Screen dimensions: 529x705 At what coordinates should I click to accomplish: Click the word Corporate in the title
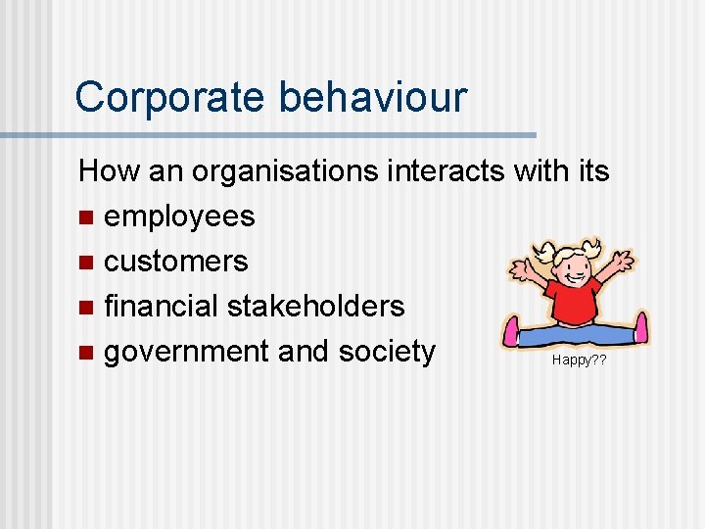pos(170,97)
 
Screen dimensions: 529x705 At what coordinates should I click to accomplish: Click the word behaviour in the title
pos(373,97)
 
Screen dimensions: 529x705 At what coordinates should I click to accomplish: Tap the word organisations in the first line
pos(287,171)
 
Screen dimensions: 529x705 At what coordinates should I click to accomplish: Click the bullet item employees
pos(179,216)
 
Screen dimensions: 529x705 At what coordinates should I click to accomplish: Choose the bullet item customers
pos(175,261)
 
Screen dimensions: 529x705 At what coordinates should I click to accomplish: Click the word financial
pos(162,306)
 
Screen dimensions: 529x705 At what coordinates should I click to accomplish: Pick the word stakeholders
pos(315,306)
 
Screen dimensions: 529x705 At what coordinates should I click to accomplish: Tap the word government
pos(186,351)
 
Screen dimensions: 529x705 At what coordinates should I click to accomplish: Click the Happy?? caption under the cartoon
pos(579,360)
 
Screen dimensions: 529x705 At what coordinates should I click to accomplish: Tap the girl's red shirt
pos(574,299)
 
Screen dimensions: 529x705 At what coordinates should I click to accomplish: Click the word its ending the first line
pos(592,171)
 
